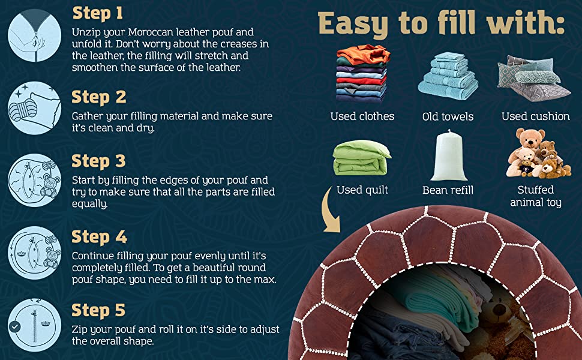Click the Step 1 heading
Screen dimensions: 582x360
pos(97,13)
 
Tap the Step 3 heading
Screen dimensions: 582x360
pos(98,161)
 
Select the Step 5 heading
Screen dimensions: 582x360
pos(98,310)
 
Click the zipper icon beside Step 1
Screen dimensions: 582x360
pos(35,35)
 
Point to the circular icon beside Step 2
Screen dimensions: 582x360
pos(35,108)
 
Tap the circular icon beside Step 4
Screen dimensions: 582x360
pos(35,253)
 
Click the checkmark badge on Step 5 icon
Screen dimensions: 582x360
pos(15,327)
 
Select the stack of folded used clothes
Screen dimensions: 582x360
pos(362,73)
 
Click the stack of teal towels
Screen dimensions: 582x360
pos(448,76)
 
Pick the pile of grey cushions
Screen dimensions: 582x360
pos(533,79)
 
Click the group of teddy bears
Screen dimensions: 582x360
pos(538,153)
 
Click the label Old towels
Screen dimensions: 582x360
pos(448,116)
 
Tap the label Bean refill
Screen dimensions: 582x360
pos(448,190)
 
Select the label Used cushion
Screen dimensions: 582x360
pos(536,116)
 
